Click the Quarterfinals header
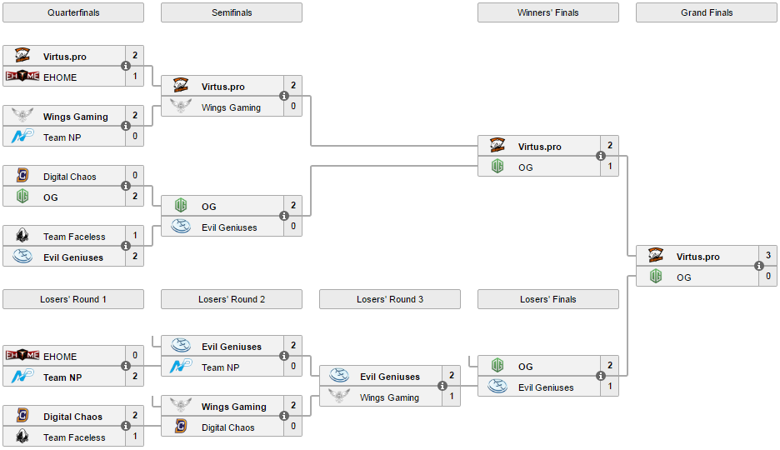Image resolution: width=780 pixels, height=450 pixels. click(x=72, y=12)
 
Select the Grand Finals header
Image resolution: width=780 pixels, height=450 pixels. click(x=706, y=12)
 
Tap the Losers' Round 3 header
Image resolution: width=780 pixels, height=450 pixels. click(x=389, y=299)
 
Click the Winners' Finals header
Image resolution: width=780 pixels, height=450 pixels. click(x=547, y=12)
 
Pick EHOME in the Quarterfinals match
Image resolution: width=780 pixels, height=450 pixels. click(x=60, y=77)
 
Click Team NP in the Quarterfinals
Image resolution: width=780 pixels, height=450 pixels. click(x=61, y=137)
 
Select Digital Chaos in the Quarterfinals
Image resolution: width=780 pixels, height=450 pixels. click(x=69, y=177)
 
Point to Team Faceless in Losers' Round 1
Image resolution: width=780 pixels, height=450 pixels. click(x=74, y=437)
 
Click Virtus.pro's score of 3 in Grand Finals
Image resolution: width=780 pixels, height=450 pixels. click(x=768, y=256)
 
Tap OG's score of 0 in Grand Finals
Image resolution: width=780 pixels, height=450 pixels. click(x=768, y=277)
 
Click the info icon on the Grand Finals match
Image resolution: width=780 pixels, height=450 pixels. click(x=759, y=266)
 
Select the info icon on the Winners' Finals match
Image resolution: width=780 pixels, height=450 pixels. click(x=601, y=156)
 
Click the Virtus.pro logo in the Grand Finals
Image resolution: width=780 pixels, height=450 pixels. click(x=656, y=256)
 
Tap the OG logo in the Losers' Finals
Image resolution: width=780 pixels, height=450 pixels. click(x=497, y=366)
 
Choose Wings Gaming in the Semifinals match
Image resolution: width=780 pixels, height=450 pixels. click(x=231, y=107)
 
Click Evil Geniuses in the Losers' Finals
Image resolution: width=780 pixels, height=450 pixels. click(x=546, y=387)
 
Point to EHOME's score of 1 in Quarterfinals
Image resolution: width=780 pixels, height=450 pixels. click(x=135, y=77)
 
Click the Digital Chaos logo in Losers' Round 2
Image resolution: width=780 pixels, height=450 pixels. click(x=181, y=427)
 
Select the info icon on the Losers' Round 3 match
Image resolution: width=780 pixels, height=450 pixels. click(x=442, y=386)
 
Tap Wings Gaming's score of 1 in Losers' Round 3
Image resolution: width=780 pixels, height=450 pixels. click(x=452, y=397)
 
